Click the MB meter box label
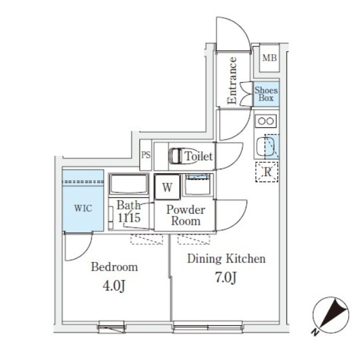tap(270, 58)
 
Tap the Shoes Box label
tap(266, 94)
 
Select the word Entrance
tap(232, 80)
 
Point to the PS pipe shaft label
tap(146, 155)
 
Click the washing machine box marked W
tap(167, 187)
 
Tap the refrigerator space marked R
tap(267, 172)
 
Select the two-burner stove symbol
tap(266, 121)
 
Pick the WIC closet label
tap(83, 208)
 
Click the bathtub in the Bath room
tap(129, 185)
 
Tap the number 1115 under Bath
tap(129, 217)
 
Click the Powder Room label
tap(186, 215)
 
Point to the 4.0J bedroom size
tap(114, 286)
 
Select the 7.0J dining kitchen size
tap(226, 277)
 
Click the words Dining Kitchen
tap(227, 258)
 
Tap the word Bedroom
tap(115, 267)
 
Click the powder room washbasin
tap(198, 184)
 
